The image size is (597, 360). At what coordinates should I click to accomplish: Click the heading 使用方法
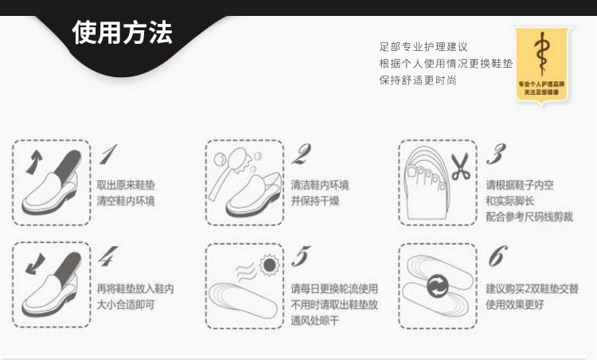[x=122, y=33]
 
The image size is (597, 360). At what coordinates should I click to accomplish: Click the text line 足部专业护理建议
[x=423, y=48]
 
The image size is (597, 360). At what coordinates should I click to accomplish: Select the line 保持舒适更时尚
[x=418, y=80]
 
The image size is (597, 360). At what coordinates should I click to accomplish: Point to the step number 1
[x=109, y=154]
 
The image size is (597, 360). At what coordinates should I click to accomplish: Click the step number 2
[x=301, y=154]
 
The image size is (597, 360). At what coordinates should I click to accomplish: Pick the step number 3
[x=496, y=154]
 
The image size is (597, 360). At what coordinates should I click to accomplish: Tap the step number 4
[x=108, y=256]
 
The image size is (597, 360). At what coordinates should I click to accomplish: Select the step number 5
[x=300, y=256]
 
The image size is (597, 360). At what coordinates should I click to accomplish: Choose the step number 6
[x=497, y=256]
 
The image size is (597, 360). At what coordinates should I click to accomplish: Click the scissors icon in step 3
[x=460, y=166]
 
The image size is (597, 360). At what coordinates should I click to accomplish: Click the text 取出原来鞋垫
[x=125, y=185]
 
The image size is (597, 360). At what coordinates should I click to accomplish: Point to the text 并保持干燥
[x=314, y=201]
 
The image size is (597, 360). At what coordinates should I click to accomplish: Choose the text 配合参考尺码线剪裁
[x=529, y=217]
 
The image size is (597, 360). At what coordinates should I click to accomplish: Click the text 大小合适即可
[x=125, y=304]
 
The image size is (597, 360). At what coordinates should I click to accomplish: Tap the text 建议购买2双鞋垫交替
[x=532, y=288]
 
